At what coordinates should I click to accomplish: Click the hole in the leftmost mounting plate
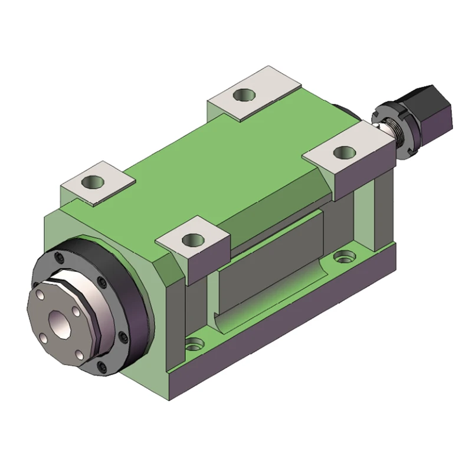[x=93, y=181]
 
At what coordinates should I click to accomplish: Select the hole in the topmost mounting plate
[x=242, y=94]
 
